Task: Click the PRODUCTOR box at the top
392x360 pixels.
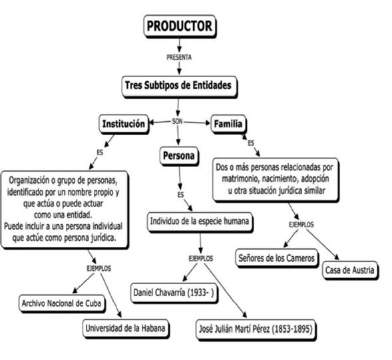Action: point(179,27)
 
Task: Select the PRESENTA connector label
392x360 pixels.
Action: point(179,57)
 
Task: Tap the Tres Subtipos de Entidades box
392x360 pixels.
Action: point(179,86)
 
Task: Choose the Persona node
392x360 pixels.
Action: point(179,156)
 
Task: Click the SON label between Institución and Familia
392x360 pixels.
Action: point(177,122)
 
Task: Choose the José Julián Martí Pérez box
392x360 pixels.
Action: point(254,328)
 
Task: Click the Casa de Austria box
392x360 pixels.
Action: point(351,270)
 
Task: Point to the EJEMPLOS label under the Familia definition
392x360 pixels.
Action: point(301,225)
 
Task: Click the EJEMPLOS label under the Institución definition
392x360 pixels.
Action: point(98,268)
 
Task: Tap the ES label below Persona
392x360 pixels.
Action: point(180,194)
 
